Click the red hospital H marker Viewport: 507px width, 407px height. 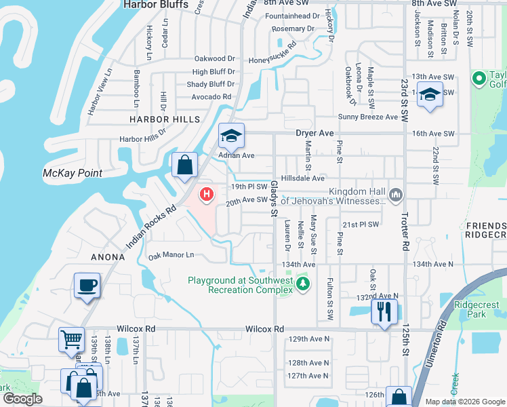click(x=206, y=195)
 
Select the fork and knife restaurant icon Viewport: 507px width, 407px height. click(x=383, y=312)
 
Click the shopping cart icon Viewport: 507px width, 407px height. click(x=71, y=338)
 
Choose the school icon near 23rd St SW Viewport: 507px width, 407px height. click(x=430, y=95)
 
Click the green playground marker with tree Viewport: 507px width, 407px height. click(x=303, y=284)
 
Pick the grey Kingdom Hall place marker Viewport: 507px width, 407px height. click(x=397, y=195)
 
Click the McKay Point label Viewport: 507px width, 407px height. click(x=72, y=173)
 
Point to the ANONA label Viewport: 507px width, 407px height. click(x=108, y=257)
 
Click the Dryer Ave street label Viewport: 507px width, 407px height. click(x=315, y=134)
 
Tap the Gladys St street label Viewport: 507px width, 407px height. click(x=275, y=199)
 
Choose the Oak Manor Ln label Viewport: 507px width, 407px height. click(x=171, y=255)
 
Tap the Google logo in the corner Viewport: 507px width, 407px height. click(x=22, y=399)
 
